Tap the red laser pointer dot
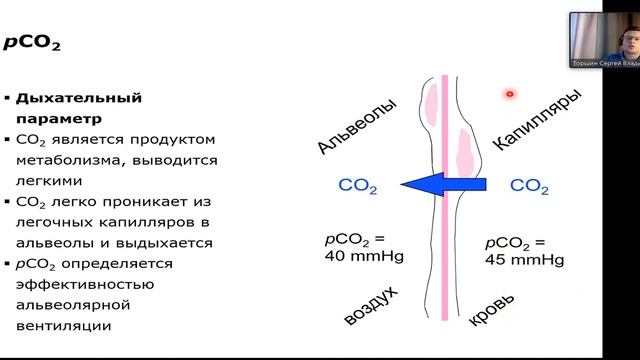point(509,94)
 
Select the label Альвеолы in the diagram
point(350,126)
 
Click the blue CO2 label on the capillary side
point(530,185)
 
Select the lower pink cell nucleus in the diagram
point(464,150)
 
